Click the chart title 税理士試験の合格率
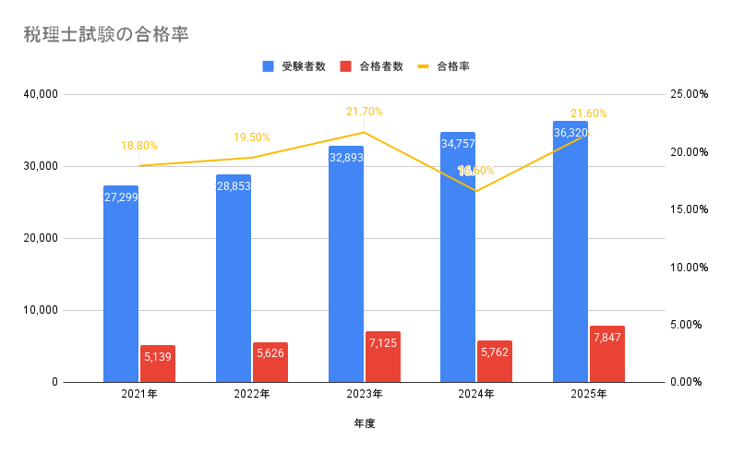107,35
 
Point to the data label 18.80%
139,146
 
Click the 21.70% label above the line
365,112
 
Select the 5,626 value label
270,352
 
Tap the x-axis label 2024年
476,394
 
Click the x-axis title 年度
365,423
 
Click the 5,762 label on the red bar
495,352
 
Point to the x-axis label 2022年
252,394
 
